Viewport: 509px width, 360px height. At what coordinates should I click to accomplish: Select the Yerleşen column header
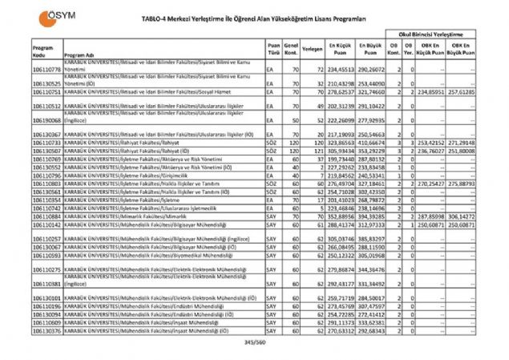[313, 48]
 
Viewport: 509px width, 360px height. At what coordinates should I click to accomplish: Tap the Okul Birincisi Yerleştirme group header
[434, 37]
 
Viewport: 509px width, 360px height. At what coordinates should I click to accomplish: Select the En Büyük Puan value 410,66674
[370, 141]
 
